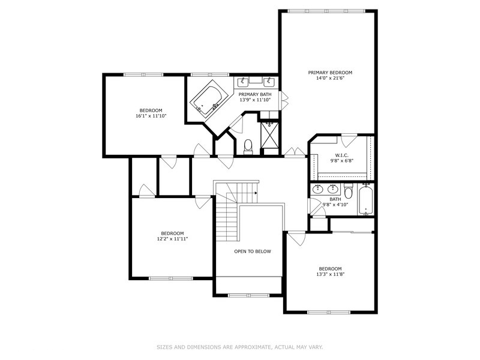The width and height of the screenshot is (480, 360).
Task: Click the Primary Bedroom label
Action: pos(330,73)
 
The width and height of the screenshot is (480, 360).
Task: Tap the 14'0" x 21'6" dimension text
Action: pos(330,79)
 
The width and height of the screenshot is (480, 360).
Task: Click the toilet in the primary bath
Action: pos(248,146)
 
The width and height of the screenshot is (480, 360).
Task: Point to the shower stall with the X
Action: pos(269,134)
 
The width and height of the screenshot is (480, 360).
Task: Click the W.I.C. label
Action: pos(341,155)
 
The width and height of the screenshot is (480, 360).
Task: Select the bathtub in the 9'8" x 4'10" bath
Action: pos(365,199)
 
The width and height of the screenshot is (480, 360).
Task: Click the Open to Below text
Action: pos(253,251)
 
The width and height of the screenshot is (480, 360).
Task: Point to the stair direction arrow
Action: pos(256,193)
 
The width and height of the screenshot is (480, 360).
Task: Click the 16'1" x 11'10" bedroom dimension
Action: pos(151,116)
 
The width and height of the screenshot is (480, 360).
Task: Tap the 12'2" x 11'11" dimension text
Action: pos(172,239)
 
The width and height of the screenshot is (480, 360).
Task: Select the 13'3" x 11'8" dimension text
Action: pos(331,274)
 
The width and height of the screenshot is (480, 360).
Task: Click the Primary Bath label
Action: pos(255,94)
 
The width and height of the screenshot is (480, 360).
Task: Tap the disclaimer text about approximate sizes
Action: pos(240,347)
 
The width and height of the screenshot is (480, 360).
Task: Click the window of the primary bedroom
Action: pos(327,11)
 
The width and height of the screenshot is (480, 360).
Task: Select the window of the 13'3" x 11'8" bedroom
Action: pos(329,312)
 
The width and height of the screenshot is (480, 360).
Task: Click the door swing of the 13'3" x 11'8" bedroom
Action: pos(297,238)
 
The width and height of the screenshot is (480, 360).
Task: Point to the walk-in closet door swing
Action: pos(349,140)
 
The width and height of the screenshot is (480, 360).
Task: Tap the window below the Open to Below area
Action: pos(249,295)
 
